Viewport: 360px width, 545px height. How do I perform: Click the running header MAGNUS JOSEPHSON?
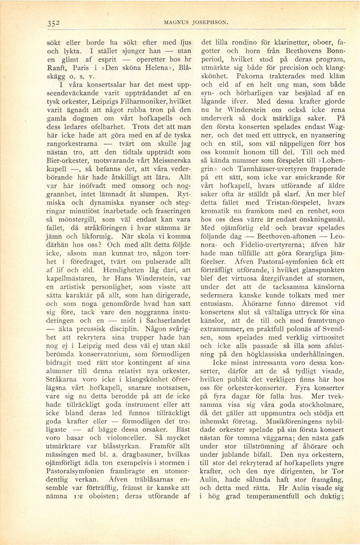click(189, 22)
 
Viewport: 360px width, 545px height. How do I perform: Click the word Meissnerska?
click(168, 157)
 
